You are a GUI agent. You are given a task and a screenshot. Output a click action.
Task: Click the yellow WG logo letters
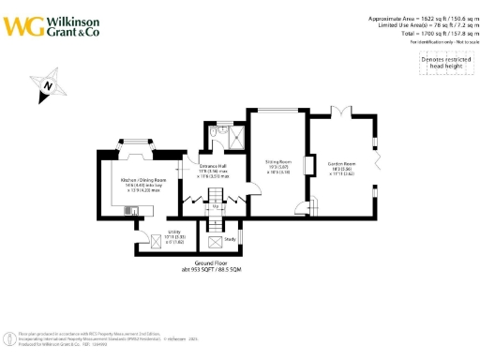tap(21, 25)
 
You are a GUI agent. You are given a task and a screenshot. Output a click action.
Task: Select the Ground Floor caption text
tap(217, 267)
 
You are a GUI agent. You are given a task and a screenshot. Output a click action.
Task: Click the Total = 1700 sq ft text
tap(432, 34)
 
